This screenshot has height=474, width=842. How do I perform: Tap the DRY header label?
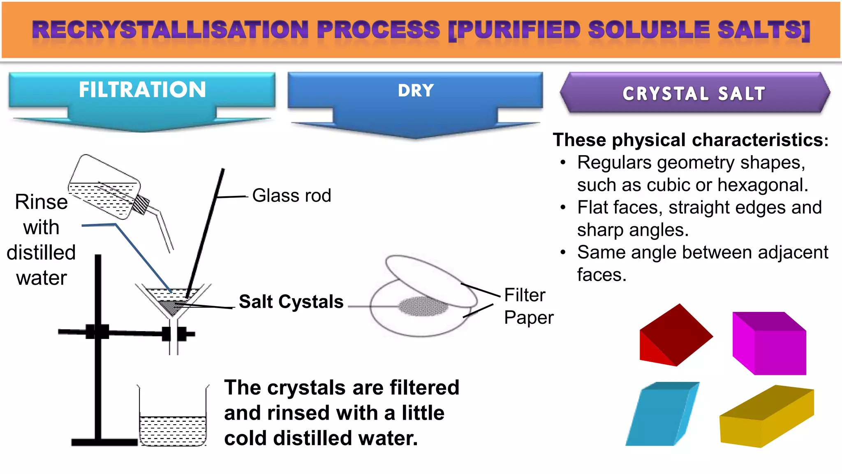pyautogui.click(x=416, y=91)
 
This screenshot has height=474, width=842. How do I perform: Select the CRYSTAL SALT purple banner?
pyautogui.click(x=694, y=93)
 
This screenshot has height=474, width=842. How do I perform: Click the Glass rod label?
pyautogui.click(x=291, y=195)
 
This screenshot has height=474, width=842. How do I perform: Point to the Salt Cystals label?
pyautogui.click(x=291, y=302)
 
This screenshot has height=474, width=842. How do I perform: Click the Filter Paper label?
pyautogui.click(x=528, y=306)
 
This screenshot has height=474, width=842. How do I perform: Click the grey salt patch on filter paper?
pyautogui.click(x=423, y=307)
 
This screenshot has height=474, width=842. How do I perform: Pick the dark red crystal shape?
pyautogui.click(x=676, y=335)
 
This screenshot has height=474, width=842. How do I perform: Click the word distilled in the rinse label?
pyautogui.click(x=41, y=253)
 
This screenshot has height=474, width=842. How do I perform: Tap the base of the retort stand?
pyautogui.click(x=104, y=442)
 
